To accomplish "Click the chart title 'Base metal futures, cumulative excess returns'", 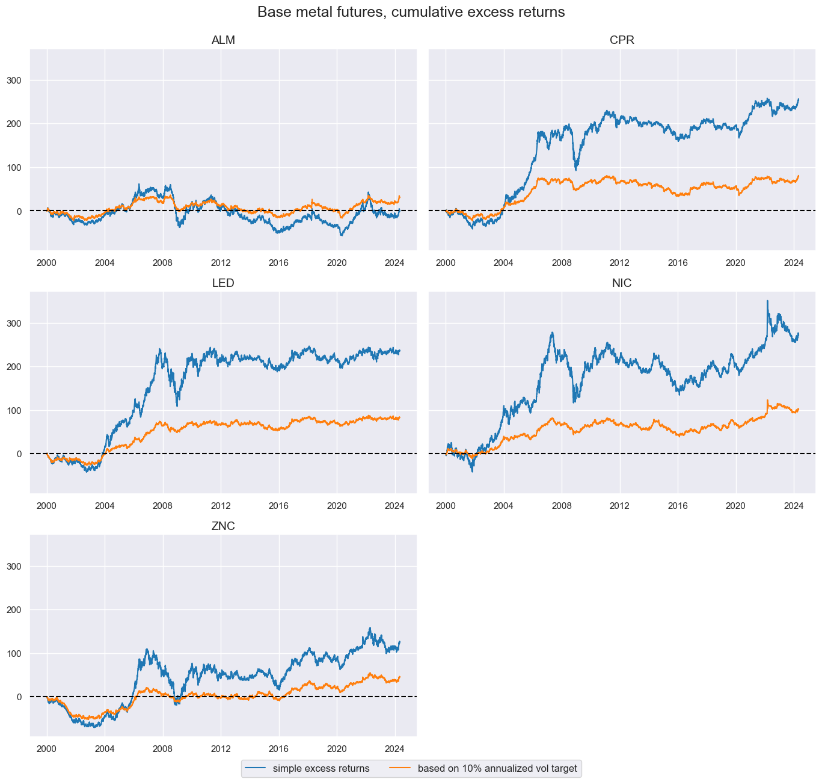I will click(x=411, y=12).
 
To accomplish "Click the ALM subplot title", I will click(x=223, y=40).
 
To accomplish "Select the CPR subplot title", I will click(x=622, y=40).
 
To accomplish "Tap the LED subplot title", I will click(x=223, y=283).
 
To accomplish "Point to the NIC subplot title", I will click(x=622, y=283).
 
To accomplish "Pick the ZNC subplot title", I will click(x=223, y=526).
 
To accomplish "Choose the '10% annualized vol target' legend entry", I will click(x=497, y=769).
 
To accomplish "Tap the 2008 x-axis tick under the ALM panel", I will click(x=163, y=263).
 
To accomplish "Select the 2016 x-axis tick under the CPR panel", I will click(x=678, y=263).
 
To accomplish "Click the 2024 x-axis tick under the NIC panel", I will click(x=794, y=506).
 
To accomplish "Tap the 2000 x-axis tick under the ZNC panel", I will click(x=47, y=749).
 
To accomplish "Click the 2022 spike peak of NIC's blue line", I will click(x=767, y=301).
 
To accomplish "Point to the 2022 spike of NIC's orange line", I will click(x=767, y=400).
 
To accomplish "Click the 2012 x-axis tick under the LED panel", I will click(x=221, y=506).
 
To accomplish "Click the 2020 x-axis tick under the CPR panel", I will click(x=735, y=263).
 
